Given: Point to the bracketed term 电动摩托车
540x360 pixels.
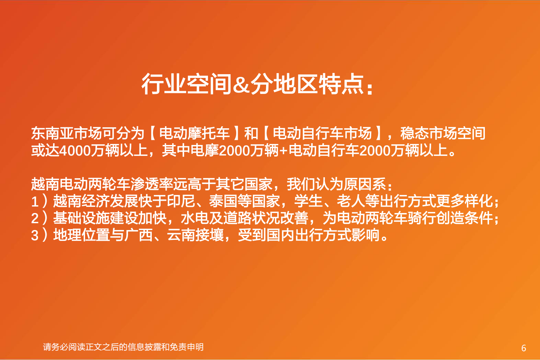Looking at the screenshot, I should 195,133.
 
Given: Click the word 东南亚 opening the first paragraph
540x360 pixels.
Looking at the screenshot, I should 52,133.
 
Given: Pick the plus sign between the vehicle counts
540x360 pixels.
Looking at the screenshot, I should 283,151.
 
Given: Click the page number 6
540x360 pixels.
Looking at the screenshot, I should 524,348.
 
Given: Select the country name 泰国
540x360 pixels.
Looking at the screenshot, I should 223,201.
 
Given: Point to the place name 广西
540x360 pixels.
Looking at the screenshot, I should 138,235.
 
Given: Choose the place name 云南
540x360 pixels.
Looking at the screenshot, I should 181,235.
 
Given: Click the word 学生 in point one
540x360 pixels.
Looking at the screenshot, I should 308,201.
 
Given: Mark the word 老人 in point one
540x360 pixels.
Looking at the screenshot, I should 351,201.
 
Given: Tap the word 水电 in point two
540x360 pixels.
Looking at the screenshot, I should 195,218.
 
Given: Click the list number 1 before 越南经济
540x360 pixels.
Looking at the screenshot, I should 35,201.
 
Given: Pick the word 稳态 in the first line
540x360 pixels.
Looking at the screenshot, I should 414,133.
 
